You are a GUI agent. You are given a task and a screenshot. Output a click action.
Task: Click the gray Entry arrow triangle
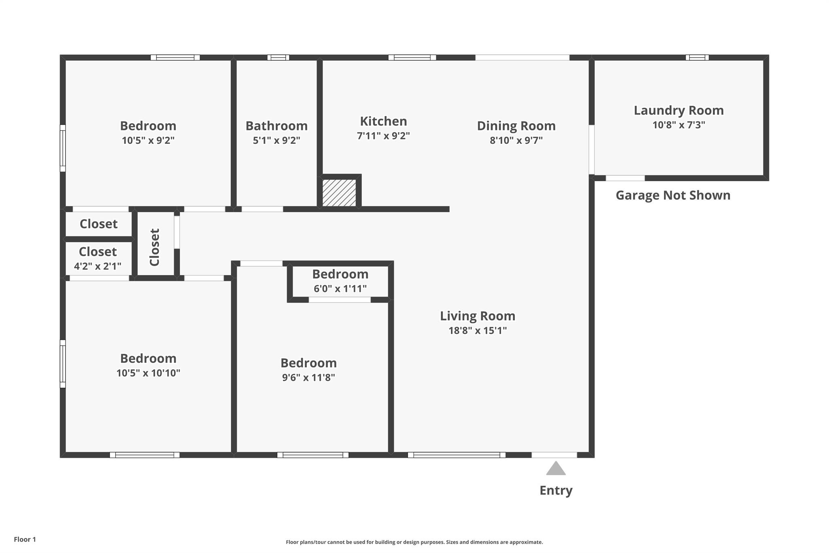click(556, 469)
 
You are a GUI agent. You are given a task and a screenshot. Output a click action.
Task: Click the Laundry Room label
click(678, 110)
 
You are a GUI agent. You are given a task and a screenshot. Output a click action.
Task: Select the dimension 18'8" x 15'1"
click(477, 331)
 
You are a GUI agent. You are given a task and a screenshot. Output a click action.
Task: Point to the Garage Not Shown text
click(673, 195)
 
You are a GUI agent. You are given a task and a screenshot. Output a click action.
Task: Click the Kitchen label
click(383, 121)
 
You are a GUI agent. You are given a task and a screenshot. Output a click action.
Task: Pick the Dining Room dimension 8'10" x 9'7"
click(516, 141)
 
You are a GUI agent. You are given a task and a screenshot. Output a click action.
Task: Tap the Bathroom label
click(276, 126)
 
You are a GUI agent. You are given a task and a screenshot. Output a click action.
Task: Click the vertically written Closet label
click(155, 247)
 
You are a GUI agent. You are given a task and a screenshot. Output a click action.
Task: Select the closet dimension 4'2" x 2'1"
click(98, 267)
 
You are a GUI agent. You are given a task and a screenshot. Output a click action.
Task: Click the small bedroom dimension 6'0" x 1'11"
click(340, 289)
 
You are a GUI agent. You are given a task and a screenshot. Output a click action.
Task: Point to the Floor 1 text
click(25, 539)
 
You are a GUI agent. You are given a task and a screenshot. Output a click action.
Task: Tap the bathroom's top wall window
click(278, 58)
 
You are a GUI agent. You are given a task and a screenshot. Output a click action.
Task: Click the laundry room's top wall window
click(697, 58)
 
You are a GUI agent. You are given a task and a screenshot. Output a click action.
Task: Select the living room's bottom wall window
click(457, 455)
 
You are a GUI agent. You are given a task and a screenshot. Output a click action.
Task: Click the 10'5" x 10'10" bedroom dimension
click(148, 373)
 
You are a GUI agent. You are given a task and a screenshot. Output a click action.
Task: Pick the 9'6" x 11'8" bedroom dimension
click(308, 378)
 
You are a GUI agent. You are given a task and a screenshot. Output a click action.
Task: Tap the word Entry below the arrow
click(556, 490)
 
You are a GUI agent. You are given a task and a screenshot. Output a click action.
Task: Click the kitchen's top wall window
click(412, 58)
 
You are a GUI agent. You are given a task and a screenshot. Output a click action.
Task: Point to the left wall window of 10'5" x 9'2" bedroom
click(63, 148)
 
